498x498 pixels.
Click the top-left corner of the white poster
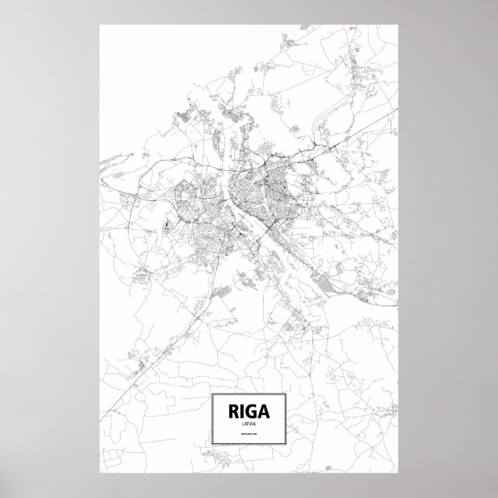coord(100,24)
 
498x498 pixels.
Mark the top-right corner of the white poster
coord(398,24)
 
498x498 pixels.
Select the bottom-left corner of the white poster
coord(100,472)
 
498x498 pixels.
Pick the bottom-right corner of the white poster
coord(398,472)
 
